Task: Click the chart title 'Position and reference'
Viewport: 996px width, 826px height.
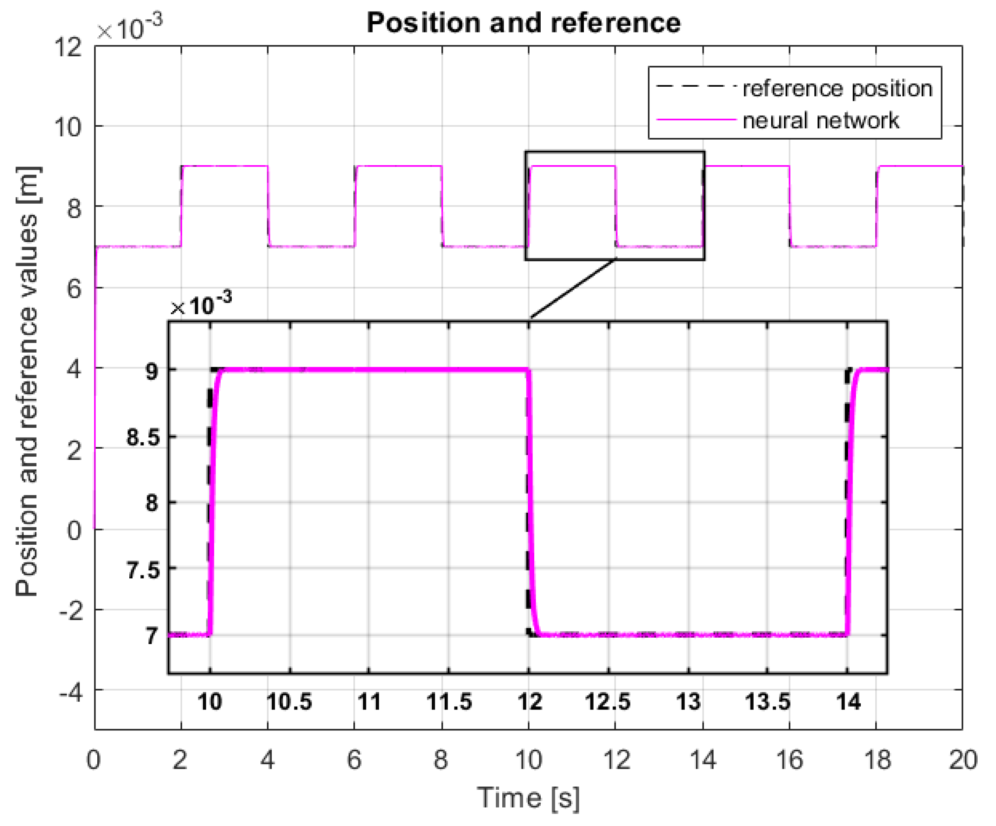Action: [523, 22]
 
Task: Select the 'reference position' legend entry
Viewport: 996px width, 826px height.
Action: [838, 88]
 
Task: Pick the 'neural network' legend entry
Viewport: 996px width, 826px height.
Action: [821, 120]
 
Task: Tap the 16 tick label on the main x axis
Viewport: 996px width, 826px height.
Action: [789, 759]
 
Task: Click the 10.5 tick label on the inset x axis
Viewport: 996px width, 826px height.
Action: [289, 701]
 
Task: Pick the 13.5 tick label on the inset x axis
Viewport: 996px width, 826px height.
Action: [768, 701]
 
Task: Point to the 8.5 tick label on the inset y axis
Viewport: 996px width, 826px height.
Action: [143, 437]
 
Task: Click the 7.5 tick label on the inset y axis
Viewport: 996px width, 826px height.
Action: [143, 569]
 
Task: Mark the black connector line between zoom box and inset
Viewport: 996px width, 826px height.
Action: [572, 289]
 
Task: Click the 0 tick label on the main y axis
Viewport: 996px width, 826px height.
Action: [74, 530]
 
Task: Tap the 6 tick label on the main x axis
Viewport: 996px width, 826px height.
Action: [354, 759]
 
